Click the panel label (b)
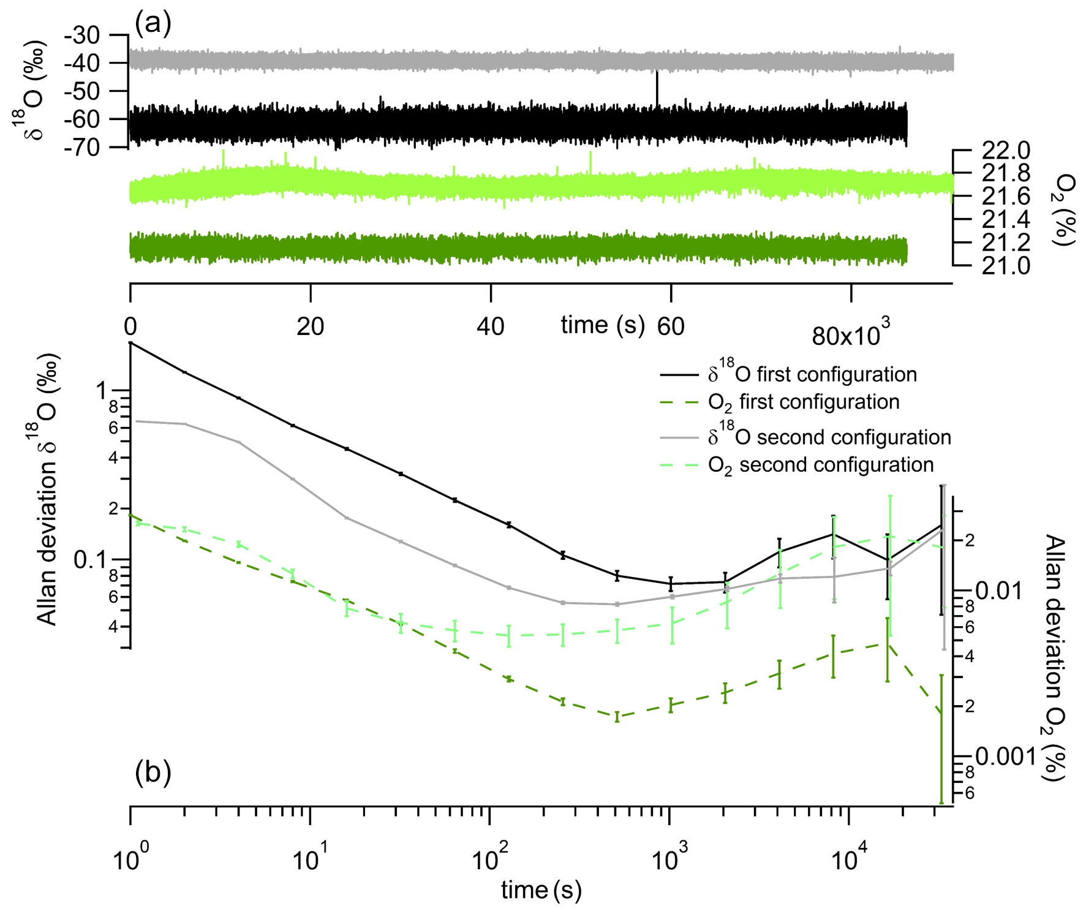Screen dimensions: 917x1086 tap(153, 772)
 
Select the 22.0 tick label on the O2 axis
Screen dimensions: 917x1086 tap(1006, 151)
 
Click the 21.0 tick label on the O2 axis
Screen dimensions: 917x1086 tap(1006, 266)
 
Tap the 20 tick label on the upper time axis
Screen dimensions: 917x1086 tap(310, 327)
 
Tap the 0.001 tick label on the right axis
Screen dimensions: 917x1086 tap(1005, 757)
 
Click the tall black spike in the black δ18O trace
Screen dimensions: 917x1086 tap(657, 86)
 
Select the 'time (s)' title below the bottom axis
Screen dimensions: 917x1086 tap(541, 889)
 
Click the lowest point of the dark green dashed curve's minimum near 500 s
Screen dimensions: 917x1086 tap(617, 716)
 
